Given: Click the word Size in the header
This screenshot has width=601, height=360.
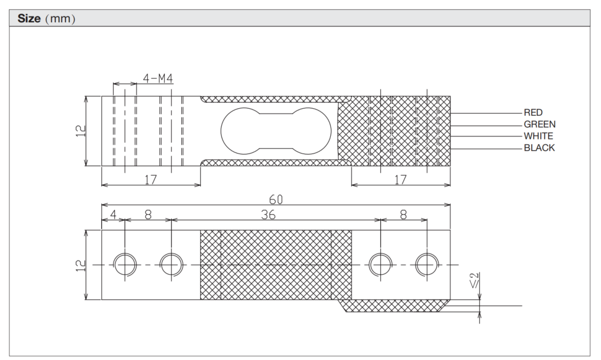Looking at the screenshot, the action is click(29, 18).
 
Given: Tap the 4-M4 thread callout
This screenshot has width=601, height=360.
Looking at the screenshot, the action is click(158, 78).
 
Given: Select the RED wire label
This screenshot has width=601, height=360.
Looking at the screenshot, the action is click(533, 112).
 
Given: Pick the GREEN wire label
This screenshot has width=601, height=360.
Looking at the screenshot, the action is click(540, 125).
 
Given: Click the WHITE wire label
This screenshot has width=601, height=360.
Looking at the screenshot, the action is click(539, 136).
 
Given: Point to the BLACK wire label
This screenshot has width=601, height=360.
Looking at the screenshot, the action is click(539, 148).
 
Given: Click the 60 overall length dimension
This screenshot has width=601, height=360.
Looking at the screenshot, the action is click(275, 199).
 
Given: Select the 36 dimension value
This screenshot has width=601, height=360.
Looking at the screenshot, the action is click(268, 215).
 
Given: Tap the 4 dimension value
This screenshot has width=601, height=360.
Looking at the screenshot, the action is click(113, 215).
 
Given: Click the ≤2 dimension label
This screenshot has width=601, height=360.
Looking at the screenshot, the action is click(474, 281).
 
